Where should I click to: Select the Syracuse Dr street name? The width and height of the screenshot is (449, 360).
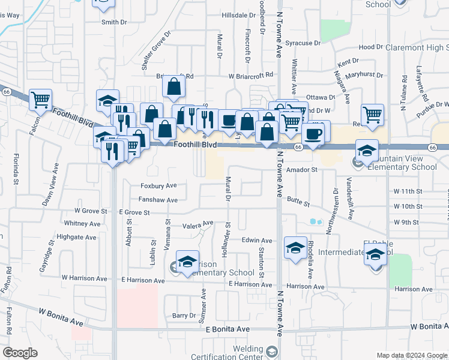[303, 43]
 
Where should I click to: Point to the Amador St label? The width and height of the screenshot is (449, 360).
[301, 170]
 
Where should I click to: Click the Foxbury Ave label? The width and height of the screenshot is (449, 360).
[158, 185]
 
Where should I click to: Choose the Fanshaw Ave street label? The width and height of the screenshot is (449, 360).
[158, 200]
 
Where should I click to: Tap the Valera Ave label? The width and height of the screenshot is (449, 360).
[198, 224]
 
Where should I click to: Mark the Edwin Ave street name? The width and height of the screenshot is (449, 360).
[257, 241]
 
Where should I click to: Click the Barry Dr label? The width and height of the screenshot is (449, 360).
[184, 315]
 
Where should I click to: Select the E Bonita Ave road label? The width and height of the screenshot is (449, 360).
[227, 329]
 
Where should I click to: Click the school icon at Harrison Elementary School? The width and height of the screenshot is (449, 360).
[187, 262]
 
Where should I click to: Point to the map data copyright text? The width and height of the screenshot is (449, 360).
[411, 355]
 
